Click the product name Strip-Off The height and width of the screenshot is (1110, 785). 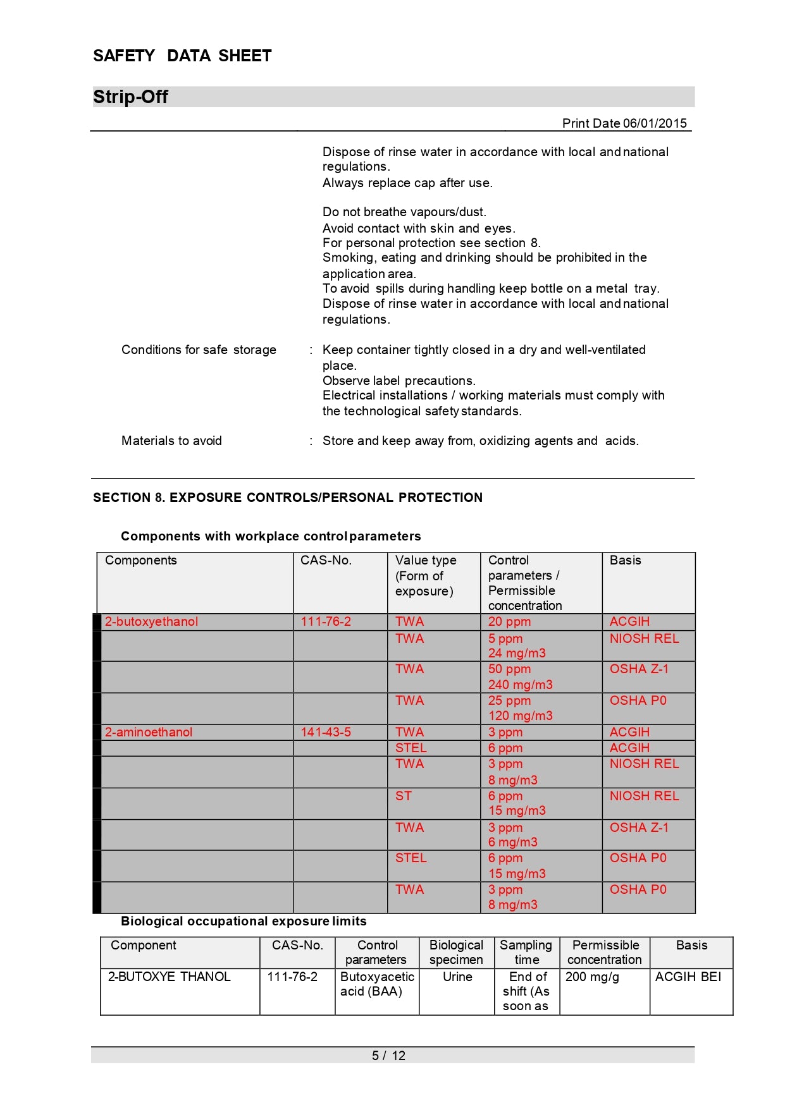[130, 97]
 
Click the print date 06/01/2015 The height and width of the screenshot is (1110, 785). [655, 123]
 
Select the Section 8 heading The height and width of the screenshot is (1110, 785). [287, 497]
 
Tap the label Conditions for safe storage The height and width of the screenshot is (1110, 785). [199, 350]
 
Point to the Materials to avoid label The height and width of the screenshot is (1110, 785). [171, 441]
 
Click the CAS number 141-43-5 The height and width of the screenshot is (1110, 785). [326, 732]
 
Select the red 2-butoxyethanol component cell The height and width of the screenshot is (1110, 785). [151, 621]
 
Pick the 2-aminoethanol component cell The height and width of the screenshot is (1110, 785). [149, 732]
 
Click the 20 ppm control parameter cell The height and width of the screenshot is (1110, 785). [509, 621]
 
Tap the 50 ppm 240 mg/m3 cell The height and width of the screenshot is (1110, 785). [520, 676]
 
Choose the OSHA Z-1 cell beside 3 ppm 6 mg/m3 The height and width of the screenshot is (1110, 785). [639, 827]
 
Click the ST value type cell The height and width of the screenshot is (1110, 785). [404, 796]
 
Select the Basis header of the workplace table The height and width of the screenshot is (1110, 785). [625, 560]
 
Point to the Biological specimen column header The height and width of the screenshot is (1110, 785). [456, 952]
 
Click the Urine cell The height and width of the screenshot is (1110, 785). [457, 977]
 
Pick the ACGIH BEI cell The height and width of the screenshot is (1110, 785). [688, 977]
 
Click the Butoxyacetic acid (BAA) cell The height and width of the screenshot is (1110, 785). [377, 984]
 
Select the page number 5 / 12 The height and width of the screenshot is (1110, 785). [388, 1055]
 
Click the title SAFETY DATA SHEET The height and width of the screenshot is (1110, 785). [182, 56]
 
